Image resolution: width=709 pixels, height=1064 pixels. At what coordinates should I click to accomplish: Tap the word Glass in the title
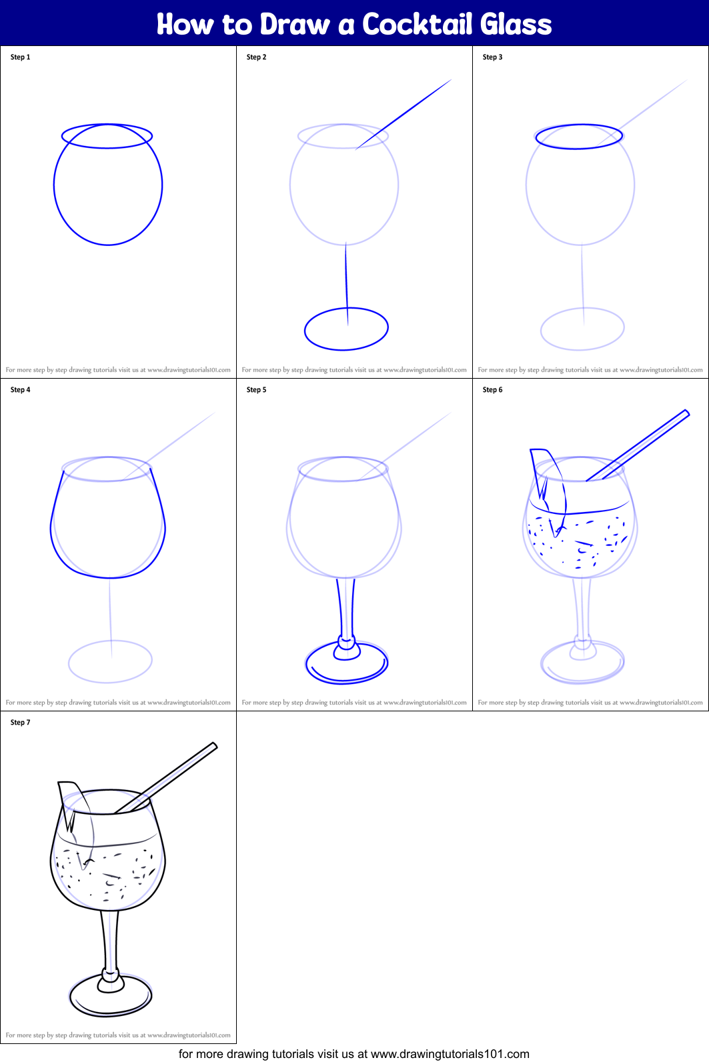pos(516,24)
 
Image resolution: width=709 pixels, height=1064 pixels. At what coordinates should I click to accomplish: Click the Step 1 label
pos(21,57)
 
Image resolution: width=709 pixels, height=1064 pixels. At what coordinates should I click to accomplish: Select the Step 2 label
pos(257,57)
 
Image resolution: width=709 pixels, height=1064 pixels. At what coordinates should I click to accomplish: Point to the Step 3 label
pos(493,57)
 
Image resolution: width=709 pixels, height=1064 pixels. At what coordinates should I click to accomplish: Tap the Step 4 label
pos(21,389)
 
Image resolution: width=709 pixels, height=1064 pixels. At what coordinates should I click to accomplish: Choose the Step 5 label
pos(257,389)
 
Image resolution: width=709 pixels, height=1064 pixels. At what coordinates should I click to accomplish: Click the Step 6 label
pos(493,389)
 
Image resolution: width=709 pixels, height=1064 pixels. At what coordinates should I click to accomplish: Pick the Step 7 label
pos(21,722)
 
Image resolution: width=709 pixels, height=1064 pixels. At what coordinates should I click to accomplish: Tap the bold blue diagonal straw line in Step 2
pos(403,115)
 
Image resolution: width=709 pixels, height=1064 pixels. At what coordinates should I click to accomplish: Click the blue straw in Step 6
pos(638,445)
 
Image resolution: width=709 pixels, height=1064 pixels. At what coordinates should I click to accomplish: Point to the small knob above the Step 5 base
pos(346,648)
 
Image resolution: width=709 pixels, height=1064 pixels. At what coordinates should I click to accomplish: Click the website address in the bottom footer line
pos(450,1053)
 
